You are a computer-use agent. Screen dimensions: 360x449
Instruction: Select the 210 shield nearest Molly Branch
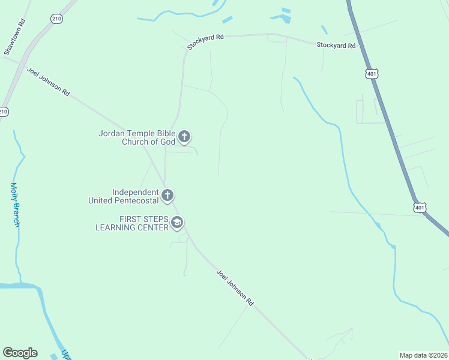tap(4, 112)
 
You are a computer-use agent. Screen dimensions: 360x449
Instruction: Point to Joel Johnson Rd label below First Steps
tap(235, 289)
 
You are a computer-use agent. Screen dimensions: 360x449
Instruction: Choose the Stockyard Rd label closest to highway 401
tap(336, 45)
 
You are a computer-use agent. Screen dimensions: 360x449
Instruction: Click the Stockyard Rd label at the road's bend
tap(205, 41)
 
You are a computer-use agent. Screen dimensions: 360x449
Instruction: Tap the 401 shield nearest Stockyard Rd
tap(372, 73)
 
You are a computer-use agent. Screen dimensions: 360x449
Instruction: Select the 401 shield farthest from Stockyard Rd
tap(420, 207)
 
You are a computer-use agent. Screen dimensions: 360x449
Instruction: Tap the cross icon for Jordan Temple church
tap(184, 137)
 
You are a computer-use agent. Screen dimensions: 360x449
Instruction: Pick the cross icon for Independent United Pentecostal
tap(167, 196)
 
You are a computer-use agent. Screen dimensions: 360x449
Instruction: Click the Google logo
tap(20, 353)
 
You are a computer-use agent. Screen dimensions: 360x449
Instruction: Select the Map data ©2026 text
tap(423, 355)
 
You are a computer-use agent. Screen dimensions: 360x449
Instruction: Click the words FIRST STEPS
tap(143, 219)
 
